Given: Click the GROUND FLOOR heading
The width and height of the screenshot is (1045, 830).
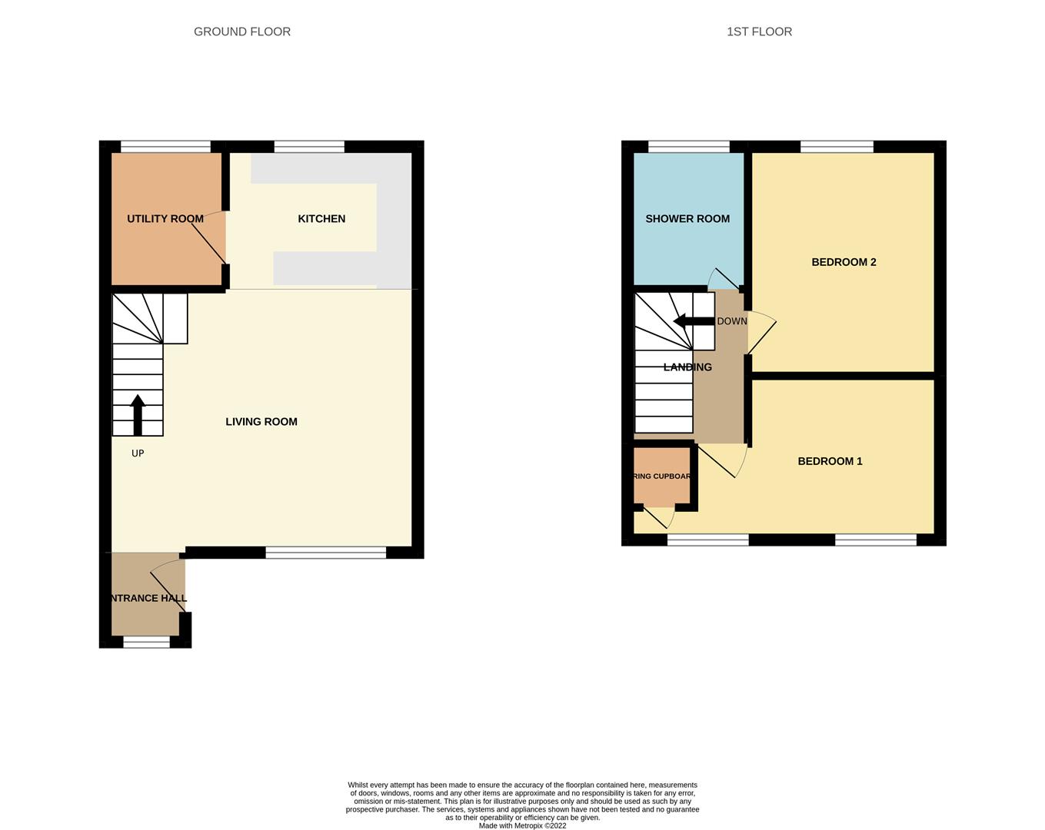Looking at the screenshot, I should click(x=242, y=32).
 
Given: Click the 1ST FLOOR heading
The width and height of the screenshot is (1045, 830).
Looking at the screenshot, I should click(x=759, y=32).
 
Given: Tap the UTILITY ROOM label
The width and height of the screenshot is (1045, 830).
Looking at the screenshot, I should click(x=165, y=219).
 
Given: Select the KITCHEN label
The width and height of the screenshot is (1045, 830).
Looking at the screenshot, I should click(x=321, y=219).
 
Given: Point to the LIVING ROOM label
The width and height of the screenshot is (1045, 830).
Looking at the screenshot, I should click(x=261, y=422).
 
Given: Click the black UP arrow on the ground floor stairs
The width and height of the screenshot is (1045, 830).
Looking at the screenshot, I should click(x=138, y=415).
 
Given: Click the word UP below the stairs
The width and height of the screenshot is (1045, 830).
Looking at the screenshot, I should click(x=138, y=453).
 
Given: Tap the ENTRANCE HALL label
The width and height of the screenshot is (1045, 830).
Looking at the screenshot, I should click(x=147, y=598).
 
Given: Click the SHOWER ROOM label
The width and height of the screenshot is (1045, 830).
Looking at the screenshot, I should click(x=687, y=219).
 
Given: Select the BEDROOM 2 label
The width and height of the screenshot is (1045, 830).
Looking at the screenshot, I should click(x=844, y=262).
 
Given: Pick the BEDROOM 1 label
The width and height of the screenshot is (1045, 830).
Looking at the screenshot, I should click(x=830, y=461).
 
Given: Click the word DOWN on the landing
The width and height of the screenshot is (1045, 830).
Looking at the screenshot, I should click(x=731, y=321).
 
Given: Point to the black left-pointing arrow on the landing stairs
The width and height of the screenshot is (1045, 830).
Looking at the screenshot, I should click(x=693, y=321).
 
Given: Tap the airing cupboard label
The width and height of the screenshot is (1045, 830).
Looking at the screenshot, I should click(x=662, y=476).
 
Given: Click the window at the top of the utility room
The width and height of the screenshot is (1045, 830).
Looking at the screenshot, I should click(x=165, y=146).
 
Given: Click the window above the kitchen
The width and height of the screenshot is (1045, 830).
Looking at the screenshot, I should click(x=309, y=146).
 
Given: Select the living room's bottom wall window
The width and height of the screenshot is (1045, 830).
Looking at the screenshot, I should click(x=325, y=552).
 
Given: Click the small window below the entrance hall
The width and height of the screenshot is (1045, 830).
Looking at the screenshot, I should click(x=146, y=642).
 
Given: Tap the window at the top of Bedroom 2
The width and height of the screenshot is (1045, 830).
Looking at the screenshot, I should click(x=837, y=146).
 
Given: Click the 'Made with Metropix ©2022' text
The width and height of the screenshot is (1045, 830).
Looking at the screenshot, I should click(x=522, y=826).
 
